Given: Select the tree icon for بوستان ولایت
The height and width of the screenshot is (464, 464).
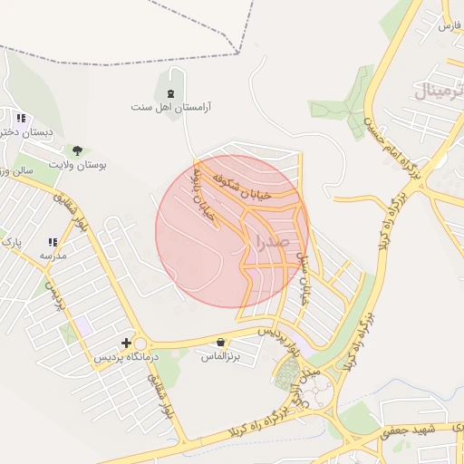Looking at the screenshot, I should coord(76,150).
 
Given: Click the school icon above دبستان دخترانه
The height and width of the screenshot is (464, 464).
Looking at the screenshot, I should coord(21,118).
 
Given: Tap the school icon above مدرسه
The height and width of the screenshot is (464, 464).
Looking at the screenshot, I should coord(53,242).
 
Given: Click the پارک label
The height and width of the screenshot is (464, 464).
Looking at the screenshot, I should coord(12,243).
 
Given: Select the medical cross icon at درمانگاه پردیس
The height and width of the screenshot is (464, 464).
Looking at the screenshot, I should coord(127,343).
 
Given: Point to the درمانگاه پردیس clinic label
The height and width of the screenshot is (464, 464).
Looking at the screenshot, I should coord(127,358).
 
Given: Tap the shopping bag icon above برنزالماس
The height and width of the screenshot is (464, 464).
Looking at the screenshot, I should coord(221,343).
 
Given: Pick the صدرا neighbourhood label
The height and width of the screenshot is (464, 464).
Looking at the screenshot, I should coord(273,242).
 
